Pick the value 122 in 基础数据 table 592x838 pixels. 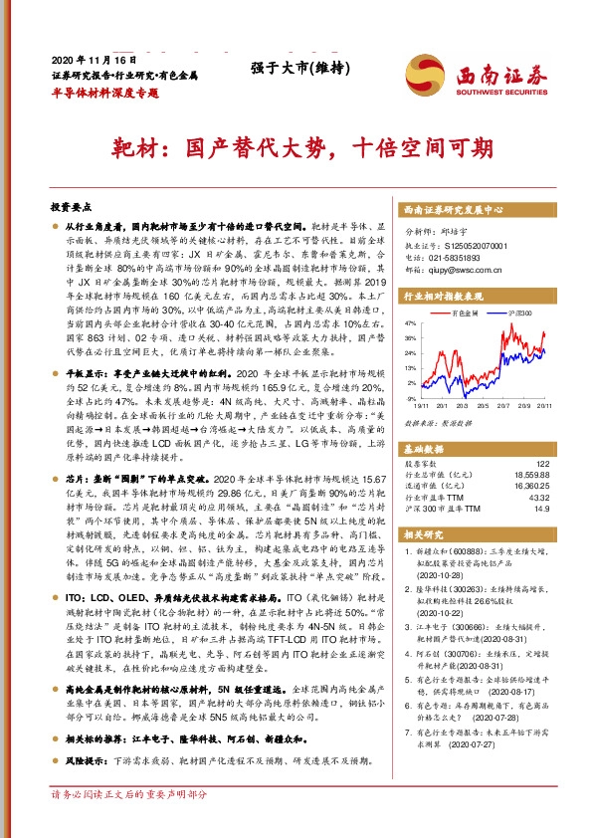(543, 464)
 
